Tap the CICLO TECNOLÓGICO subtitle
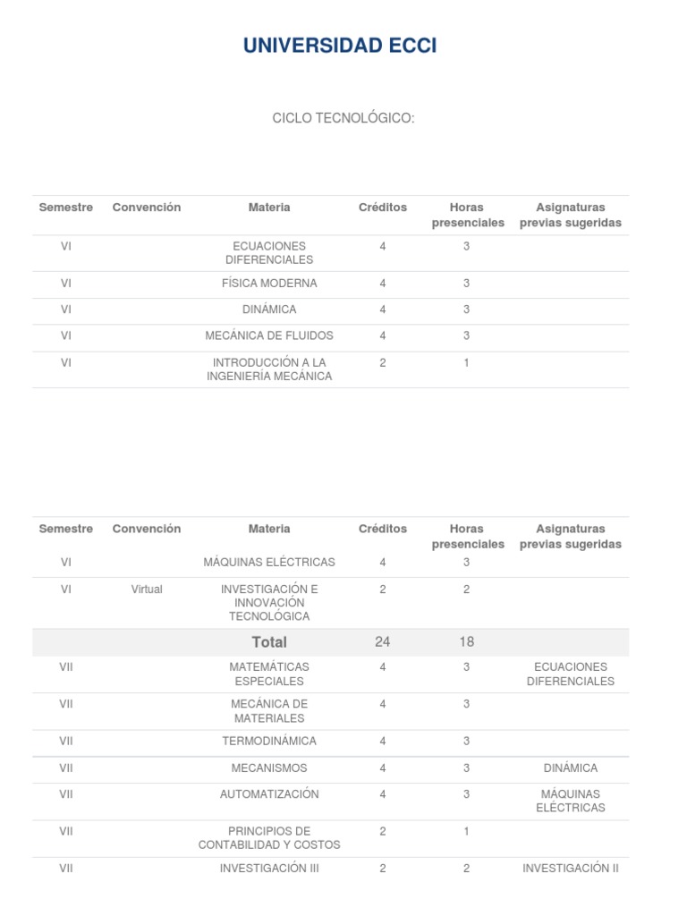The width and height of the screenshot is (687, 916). click(343, 119)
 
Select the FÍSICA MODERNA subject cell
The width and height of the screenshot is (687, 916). click(269, 284)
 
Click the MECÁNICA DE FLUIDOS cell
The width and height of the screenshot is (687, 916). click(269, 335)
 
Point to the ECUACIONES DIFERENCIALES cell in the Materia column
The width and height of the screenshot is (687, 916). click(269, 253)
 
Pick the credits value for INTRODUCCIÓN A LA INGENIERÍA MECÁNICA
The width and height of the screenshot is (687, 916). click(383, 363)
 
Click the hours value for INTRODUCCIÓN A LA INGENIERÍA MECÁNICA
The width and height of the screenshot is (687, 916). click(466, 363)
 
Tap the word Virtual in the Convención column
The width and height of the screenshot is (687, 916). click(147, 589)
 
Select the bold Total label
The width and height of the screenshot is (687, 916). click(269, 642)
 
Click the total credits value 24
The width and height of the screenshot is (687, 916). click(382, 642)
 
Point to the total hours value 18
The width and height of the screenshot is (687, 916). click(466, 642)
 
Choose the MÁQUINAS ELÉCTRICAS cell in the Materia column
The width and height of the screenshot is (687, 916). click(269, 563)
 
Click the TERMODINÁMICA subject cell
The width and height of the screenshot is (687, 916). click(269, 742)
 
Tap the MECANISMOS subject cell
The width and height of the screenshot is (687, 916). click(269, 768)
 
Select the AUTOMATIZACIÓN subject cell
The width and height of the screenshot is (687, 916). click(269, 794)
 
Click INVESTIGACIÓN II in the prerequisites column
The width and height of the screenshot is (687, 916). click(571, 868)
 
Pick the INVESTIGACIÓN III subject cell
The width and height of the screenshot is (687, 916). click(269, 868)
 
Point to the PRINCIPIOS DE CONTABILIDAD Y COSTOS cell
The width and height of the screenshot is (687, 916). click(269, 838)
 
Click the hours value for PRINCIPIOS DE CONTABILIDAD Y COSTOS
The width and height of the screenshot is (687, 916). click(466, 832)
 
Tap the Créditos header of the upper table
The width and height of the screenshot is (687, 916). click(383, 208)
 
